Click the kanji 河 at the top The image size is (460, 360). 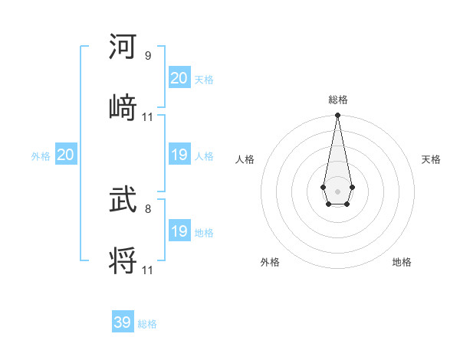pyautogui.click(x=123, y=47)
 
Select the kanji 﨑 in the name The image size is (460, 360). pyautogui.click(x=123, y=107)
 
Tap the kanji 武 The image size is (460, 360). pyautogui.click(x=123, y=201)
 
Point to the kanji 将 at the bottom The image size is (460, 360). pyautogui.click(x=123, y=260)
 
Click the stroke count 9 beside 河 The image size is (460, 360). pyautogui.click(x=148, y=56)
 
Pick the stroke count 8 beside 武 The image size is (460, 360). pyautogui.click(x=148, y=208)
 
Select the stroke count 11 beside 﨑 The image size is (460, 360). pyautogui.click(x=148, y=117)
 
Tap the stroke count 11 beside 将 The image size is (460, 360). pyautogui.click(x=148, y=270)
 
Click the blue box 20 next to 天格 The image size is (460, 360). pyautogui.click(x=179, y=78)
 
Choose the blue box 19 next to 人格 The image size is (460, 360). pyautogui.click(x=179, y=155)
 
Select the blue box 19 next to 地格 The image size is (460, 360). pyautogui.click(x=179, y=231)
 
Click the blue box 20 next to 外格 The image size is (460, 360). pyautogui.click(x=66, y=155)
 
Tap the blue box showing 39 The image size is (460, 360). pyautogui.click(x=123, y=322)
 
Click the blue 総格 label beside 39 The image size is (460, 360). pyautogui.click(x=147, y=324)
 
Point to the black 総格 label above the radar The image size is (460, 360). pyautogui.click(x=338, y=100)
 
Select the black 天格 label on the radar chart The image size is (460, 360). pyautogui.click(x=431, y=159)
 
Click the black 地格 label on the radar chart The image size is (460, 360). pyautogui.click(x=402, y=262)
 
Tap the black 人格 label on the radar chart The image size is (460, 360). pyautogui.click(x=245, y=159)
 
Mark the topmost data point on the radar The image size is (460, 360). pyautogui.click(x=337, y=116)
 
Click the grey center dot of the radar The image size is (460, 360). pyautogui.click(x=337, y=190)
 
